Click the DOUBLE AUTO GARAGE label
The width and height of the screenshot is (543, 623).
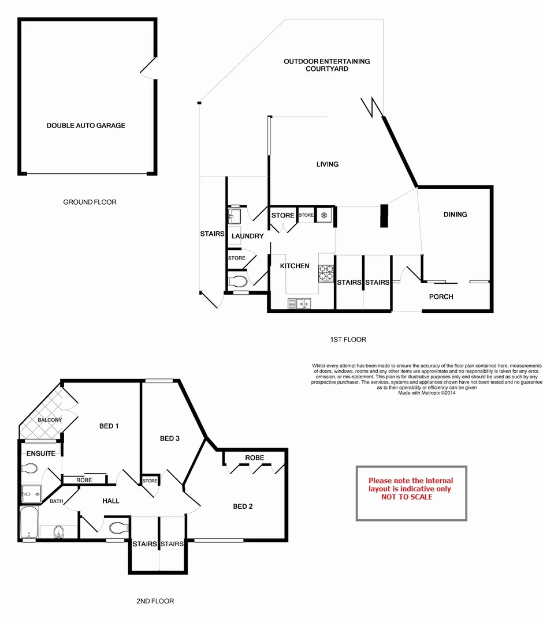pos(85,125)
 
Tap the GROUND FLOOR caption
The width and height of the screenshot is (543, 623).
pos(90,202)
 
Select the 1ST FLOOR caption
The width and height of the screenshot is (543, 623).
pos(348,340)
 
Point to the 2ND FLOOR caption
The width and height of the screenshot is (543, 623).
pos(155,601)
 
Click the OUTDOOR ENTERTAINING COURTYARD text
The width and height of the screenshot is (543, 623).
pos(327,65)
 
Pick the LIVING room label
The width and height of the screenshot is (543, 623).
pos(327,164)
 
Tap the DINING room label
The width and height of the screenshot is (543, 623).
pos(455,215)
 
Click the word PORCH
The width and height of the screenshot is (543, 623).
pos(441,297)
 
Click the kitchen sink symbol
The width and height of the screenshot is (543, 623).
pos(299,302)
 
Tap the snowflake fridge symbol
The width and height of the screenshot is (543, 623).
pos(325,215)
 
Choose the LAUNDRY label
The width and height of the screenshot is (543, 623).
pos(247,236)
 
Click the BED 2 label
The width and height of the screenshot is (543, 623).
pos(243,506)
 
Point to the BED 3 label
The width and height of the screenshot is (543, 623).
pos(170,438)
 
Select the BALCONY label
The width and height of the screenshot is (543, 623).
pos(50,420)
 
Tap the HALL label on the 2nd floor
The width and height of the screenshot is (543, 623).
pos(111,501)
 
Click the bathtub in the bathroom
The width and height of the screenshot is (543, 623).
pos(28,523)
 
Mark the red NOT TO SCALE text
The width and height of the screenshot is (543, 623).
pos(411,497)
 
